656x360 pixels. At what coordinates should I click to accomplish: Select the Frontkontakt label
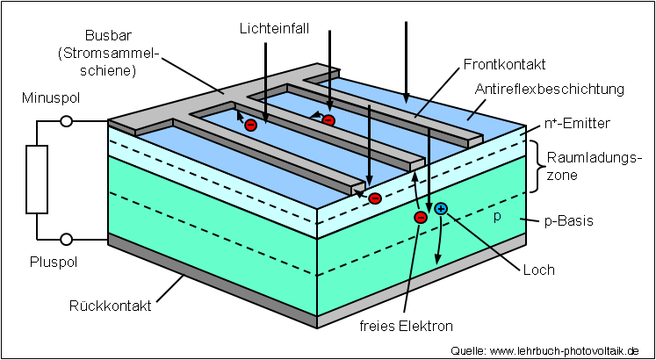coord(504,64)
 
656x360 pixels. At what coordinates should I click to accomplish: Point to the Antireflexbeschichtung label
coord(549,89)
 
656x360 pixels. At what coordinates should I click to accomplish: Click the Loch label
coord(538,270)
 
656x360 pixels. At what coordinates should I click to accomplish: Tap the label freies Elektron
coord(406,327)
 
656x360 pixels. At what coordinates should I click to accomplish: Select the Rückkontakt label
coord(111,306)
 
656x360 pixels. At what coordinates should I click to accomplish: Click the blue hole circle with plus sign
coord(441,209)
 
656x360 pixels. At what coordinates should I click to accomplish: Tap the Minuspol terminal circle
coord(66,123)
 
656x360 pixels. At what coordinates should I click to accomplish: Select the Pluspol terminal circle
coord(66,239)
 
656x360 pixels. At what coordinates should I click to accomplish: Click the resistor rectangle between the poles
coord(37,180)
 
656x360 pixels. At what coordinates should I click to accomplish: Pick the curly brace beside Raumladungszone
coord(535,165)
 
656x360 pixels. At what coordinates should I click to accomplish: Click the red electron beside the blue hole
coord(420,217)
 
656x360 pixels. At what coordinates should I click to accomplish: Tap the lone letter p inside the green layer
coord(496,216)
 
